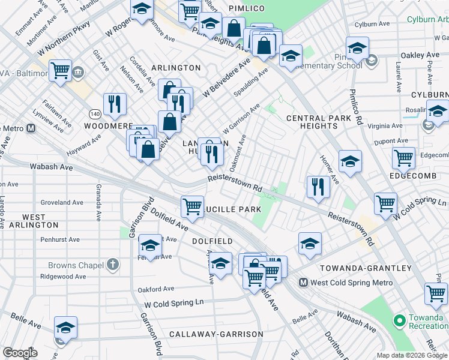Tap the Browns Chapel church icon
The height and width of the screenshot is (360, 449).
112,265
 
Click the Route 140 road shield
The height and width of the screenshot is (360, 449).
95,113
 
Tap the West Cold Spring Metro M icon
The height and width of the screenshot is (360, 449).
304,283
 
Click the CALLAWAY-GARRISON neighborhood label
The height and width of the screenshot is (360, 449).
216,334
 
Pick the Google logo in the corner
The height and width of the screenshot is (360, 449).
20,353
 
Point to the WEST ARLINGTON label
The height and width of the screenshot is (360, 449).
33,220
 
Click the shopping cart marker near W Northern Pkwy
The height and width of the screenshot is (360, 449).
61,70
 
